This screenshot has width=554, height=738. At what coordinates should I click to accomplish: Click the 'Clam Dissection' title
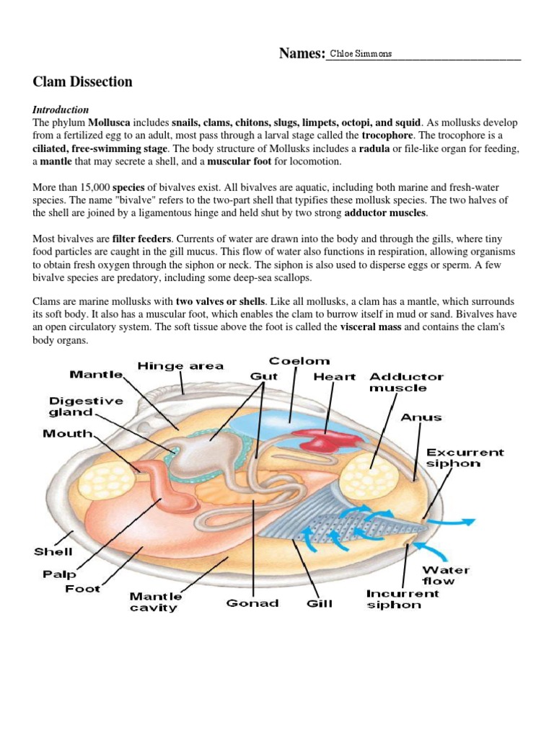click(x=83, y=82)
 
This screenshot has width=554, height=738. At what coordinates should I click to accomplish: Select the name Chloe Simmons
click(x=360, y=54)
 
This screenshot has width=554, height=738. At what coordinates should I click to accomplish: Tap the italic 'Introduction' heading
click(x=61, y=110)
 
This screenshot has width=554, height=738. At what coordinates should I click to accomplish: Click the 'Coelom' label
click(x=299, y=361)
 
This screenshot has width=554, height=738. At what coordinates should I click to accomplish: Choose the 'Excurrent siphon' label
click(x=465, y=458)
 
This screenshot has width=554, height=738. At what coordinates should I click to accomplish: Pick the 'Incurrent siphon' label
click(x=403, y=599)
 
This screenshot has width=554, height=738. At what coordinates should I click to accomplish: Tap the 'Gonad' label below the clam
click(x=252, y=603)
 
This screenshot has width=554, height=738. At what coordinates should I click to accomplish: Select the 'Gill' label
click(x=320, y=603)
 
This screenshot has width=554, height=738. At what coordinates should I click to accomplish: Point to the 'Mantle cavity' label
click(x=156, y=602)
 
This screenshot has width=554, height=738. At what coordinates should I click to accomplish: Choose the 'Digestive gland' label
click(x=76, y=406)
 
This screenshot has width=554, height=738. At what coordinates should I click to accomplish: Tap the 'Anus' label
click(x=421, y=417)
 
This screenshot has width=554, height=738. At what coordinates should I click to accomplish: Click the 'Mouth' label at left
click(x=67, y=434)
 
